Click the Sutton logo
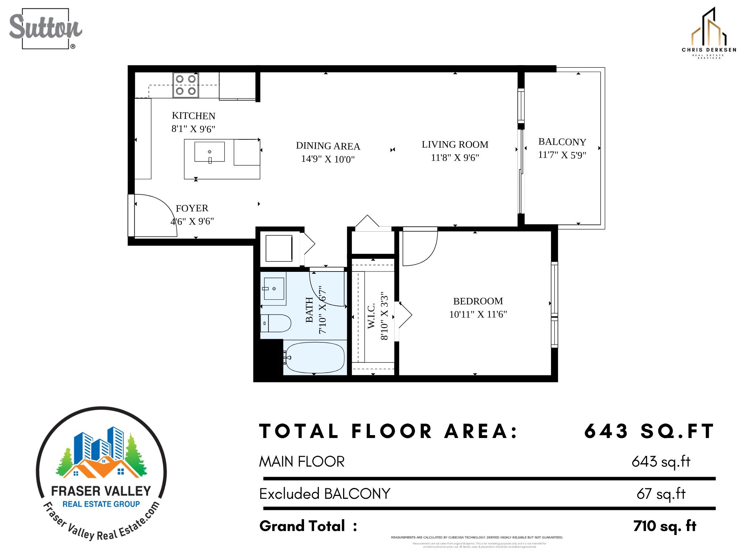(45, 28)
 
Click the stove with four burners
(185, 85)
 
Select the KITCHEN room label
(193, 116)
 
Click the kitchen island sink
(209, 152)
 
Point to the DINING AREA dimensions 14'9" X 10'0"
(328, 159)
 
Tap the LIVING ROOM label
(455, 145)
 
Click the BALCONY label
(562, 142)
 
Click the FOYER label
(192, 208)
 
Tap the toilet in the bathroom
(275, 323)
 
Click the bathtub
(314, 357)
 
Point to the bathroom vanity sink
(274, 288)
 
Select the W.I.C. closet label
(371, 316)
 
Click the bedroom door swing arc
(420, 248)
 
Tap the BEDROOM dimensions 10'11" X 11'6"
(478, 314)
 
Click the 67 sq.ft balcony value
(661, 494)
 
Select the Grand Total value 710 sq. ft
(664, 526)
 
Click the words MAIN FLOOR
(301, 462)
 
